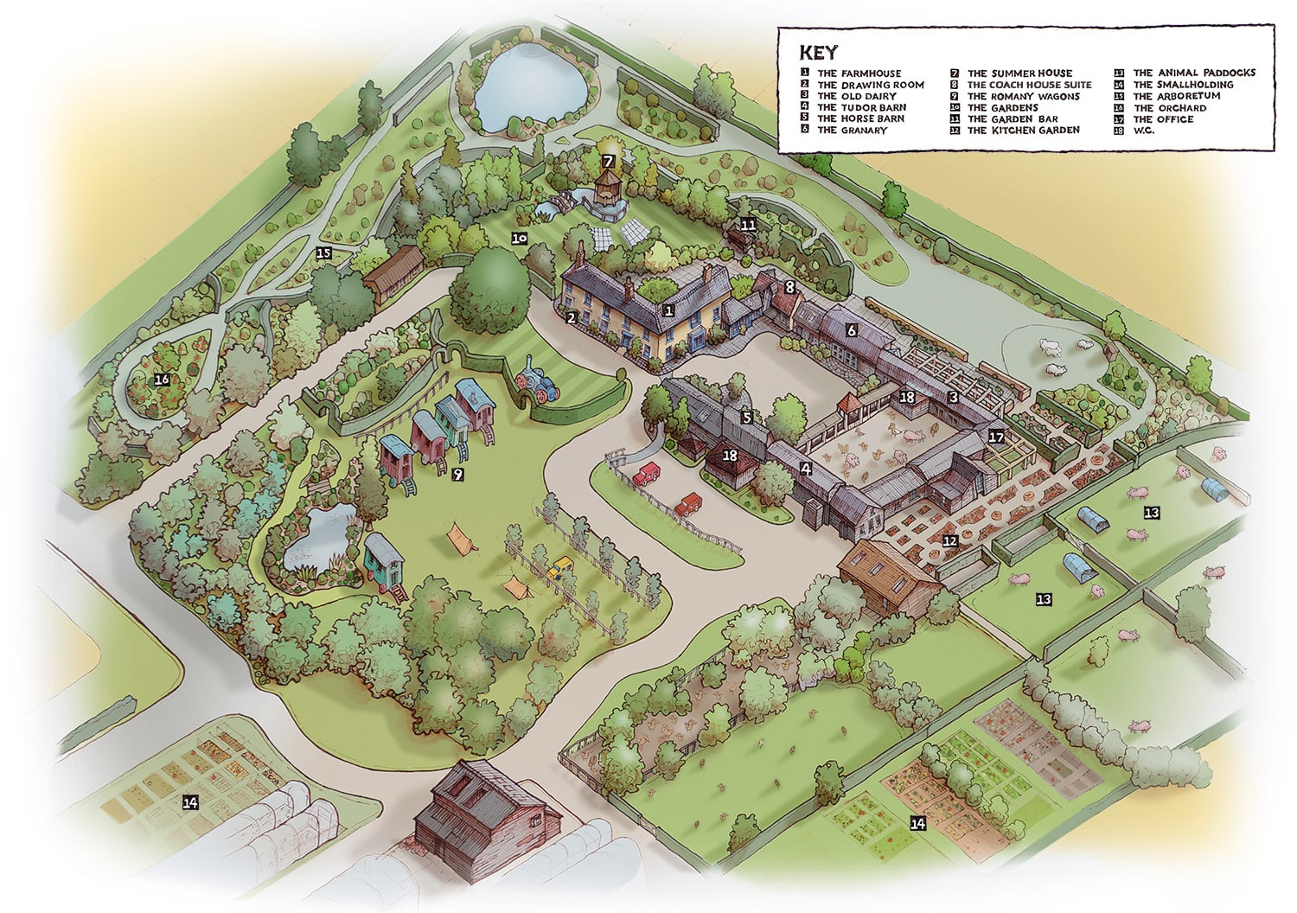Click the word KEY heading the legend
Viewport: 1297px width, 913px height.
point(818,52)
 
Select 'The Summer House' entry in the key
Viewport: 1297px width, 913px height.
point(1019,73)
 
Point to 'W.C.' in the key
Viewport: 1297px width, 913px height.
point(1143,131)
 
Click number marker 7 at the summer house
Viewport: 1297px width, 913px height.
point(609,161)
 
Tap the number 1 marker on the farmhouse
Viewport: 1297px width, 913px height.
point(668,309)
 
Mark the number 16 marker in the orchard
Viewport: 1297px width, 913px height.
point(162,380)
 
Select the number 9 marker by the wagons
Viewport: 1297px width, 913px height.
point(457,474)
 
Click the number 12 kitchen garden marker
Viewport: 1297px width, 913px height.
point(950,541)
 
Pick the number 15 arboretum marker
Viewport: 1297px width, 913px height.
point(323,253)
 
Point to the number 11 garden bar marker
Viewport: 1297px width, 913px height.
point(748,225)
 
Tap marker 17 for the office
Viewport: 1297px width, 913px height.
point(996,437)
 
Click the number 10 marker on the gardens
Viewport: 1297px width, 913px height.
point(519,238)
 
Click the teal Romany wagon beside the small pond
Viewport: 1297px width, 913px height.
point(385,559)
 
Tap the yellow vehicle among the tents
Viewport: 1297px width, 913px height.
point(563,567)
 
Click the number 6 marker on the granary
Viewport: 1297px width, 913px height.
point(852,330)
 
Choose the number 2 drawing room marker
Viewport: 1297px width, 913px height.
point(572,318)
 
